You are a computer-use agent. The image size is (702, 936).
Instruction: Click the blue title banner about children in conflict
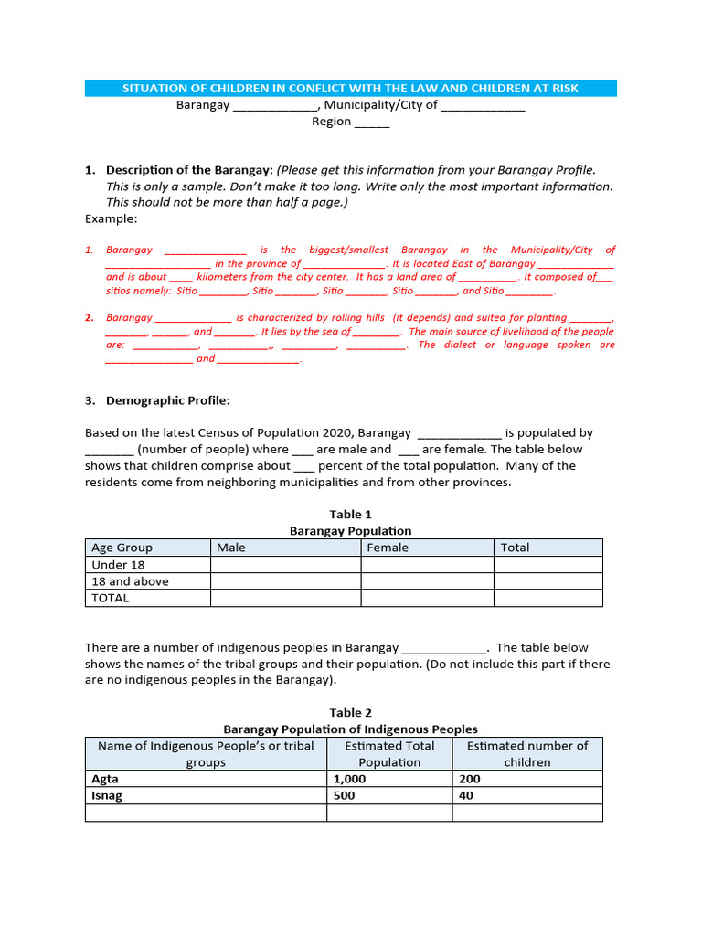[350, 88]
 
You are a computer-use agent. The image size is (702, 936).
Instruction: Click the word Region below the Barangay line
[331, 122]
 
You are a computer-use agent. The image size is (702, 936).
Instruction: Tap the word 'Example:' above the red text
[111, 219]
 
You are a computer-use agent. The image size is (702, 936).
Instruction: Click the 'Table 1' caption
[350, 515]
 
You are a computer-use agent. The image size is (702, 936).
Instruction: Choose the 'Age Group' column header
[122, 548]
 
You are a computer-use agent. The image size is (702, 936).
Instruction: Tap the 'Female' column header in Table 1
[388, 548]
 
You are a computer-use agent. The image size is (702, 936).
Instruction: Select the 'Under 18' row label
[118, 565]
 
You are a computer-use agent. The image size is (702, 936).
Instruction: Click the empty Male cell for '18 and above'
[285, 581]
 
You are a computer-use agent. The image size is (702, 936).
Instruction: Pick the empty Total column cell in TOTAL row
[548, 598]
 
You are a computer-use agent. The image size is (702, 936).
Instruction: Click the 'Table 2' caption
[350, 713]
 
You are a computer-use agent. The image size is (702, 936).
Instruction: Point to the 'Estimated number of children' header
[527, 754]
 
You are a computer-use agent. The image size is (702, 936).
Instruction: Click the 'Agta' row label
[105, 779]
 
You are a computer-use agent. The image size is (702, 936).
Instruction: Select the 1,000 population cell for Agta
[349, 779]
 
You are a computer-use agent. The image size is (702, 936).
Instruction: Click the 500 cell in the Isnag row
[346, 795]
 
